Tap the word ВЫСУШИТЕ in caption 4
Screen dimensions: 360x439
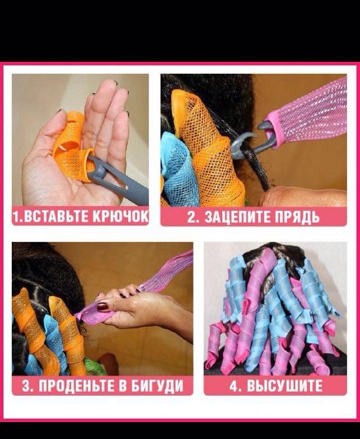coord(285,386)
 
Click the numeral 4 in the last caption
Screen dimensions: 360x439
coord(234,386)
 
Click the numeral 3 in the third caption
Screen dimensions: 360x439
coord(26,386)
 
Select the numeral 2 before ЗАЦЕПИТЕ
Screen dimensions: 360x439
coord(192,217)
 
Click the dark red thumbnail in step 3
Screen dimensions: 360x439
coord(103,306)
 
